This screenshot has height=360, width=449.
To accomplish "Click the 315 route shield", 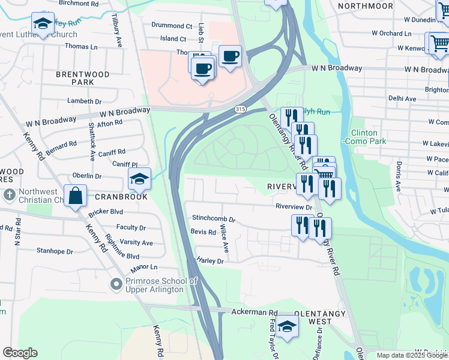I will tap(240, 109).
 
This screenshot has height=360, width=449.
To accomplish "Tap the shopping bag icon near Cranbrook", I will tap(76, 197).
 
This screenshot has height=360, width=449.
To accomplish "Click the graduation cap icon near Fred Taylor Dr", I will tap(288, 326).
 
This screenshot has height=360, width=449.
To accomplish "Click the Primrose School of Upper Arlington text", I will tap(161, 286).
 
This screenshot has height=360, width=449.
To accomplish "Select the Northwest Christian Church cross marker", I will tap(9, 195).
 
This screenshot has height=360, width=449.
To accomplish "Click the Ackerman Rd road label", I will tap(256, 313).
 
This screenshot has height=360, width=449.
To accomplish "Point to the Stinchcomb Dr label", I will tap(213, 219).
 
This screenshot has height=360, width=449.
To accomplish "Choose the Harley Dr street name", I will tap(209, 261).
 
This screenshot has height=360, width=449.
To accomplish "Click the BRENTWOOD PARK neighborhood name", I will tap(82, 78).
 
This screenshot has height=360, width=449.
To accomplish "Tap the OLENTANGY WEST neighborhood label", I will tap(321, 318).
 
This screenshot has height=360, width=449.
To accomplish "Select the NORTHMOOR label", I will tap(361, 5).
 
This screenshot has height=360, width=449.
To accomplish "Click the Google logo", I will tap(20, 353).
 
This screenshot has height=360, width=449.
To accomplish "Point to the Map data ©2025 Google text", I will tap(412, 355).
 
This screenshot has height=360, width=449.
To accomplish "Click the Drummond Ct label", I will tap(171, 26).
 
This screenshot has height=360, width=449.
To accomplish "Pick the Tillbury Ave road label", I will tap(117, 32).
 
